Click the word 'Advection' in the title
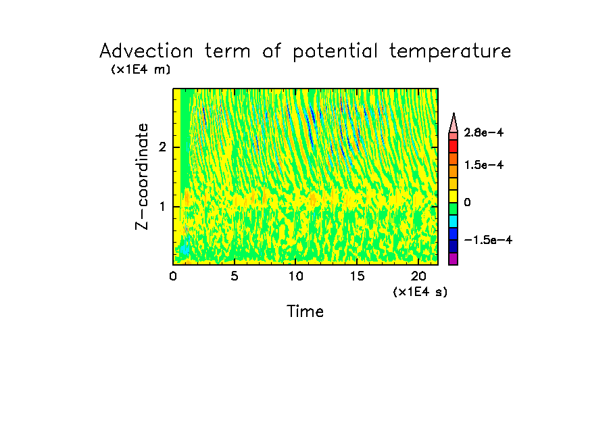click(146, 51)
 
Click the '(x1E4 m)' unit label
click(141, 70)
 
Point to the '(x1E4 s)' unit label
click(420, 292)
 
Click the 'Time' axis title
click(305, 312)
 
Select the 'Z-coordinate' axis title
click(143, 176)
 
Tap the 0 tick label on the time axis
click(173, 276)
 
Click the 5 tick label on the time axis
click(235, 276)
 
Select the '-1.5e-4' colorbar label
click(487, 241)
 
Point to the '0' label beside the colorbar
click(466, 203)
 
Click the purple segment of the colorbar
click(453, 259)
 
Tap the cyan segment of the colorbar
click(453, 221)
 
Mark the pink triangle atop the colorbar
click(453, 122)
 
